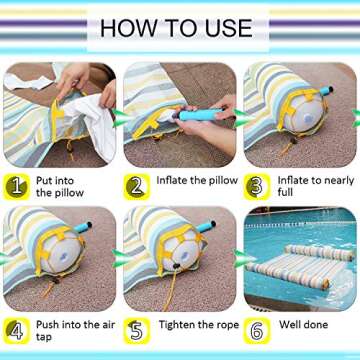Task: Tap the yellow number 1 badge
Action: pyautogui.click(x=18, y=185)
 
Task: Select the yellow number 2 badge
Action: pyautogui.click(x=137, y=185)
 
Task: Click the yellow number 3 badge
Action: pyautogui.click(x=256, y=185)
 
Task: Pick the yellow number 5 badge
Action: pyautogui.click(x=137, y=327)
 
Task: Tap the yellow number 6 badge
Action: pyautogui.click(x=256, y=327)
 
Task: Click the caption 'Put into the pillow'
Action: pyautogui.click(x=64, y=185)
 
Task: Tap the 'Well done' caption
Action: pyautogui.click(x=301, y=324)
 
